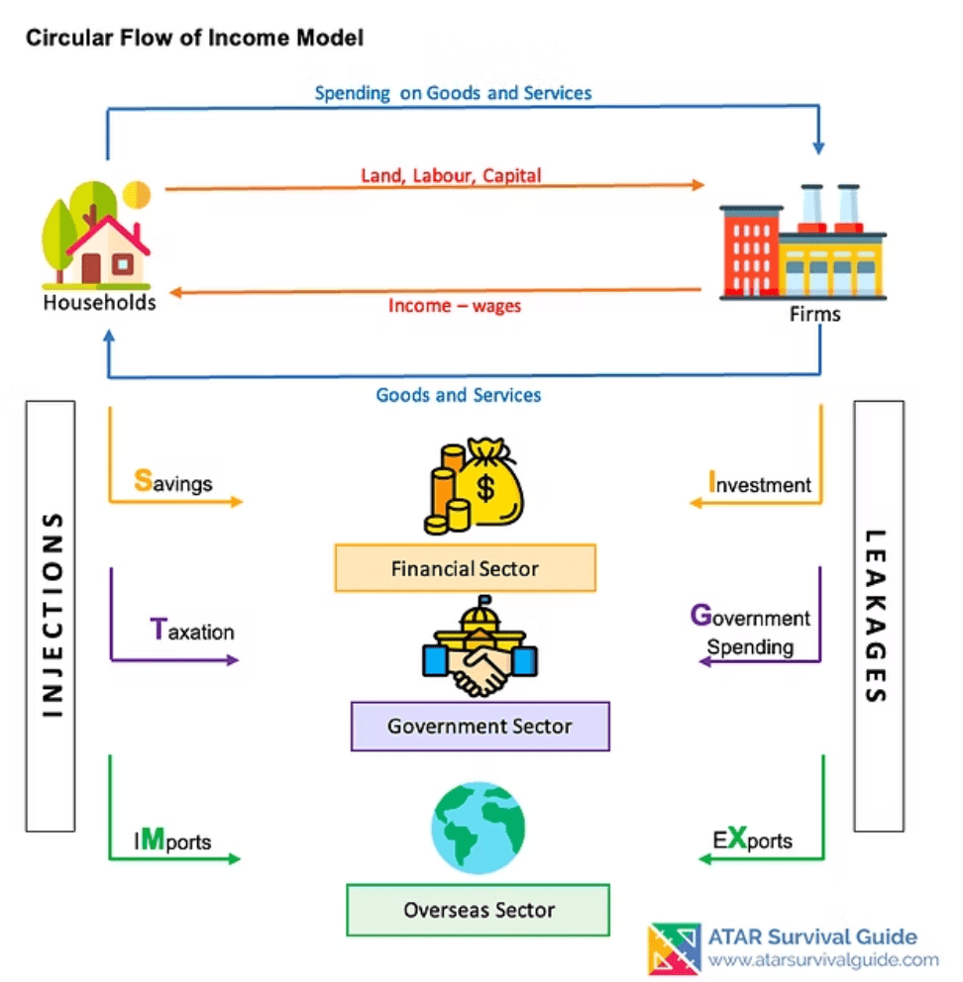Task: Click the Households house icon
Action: [97, 235]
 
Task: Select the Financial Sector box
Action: [465, 568]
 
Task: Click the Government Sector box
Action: [480, 727]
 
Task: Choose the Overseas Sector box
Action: [478, 910]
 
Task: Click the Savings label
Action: [173, 483]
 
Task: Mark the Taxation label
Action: [192, 631]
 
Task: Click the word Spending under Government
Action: [750, 647]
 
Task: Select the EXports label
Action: [753, 840]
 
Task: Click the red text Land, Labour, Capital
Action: [450, 175]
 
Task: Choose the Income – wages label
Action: [454, 306]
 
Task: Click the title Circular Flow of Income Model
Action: [194, 39]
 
